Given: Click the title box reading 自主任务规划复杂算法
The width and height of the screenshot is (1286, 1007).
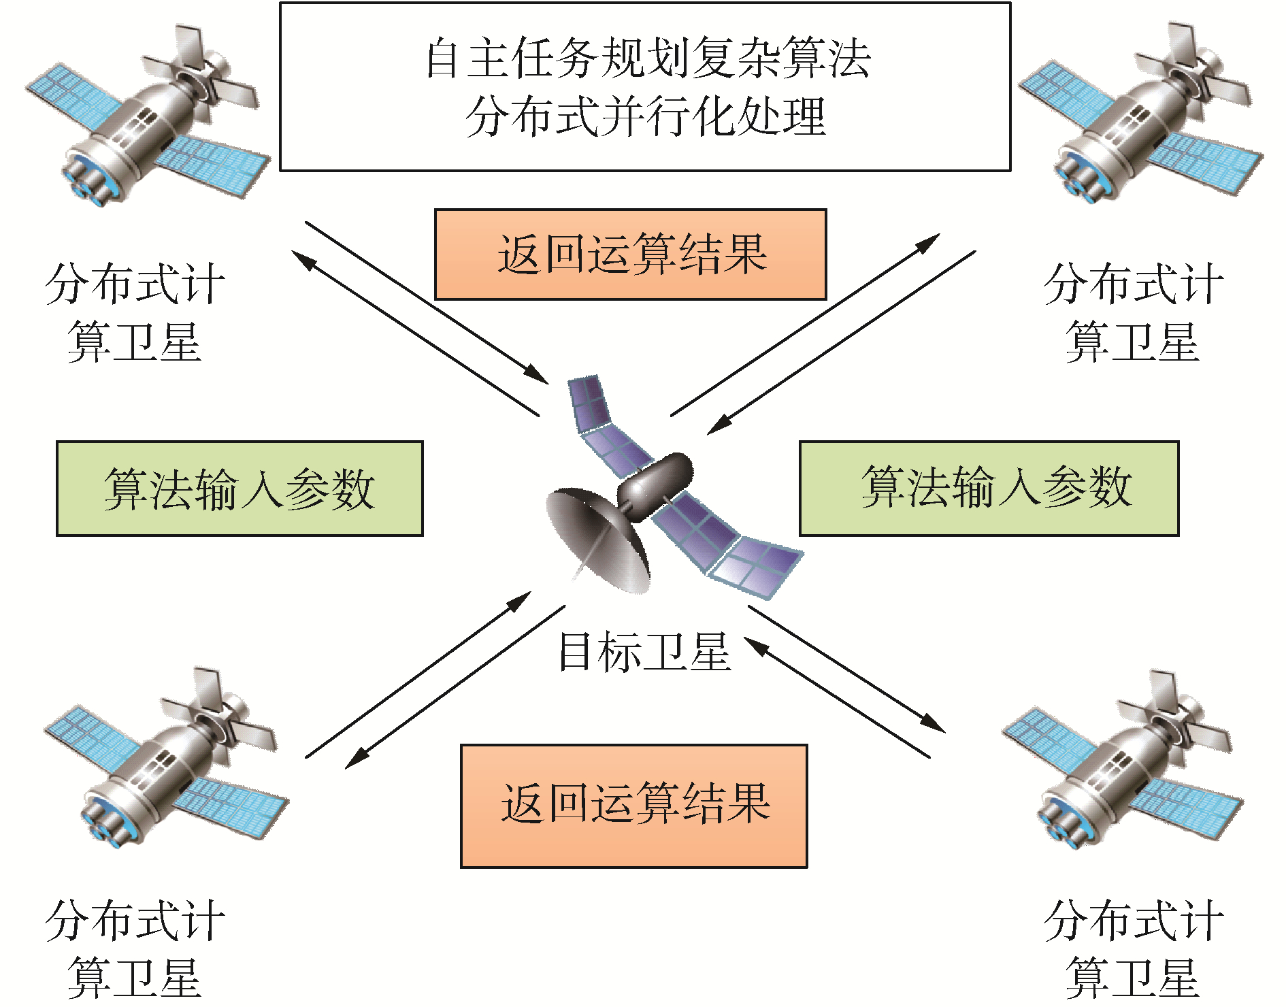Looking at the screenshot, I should click(x=645, y=87).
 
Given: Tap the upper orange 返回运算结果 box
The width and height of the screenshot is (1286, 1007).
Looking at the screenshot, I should click(x=630, y=254).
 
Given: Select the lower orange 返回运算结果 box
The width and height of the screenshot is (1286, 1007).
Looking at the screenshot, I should click(x=634, y=806).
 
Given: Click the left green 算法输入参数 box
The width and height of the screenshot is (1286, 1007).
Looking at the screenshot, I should click(x=240, y=489).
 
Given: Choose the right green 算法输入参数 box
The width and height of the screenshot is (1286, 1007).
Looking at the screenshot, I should click(x=989, y=489).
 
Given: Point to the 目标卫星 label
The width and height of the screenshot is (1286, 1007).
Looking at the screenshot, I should click(x=644, y=652).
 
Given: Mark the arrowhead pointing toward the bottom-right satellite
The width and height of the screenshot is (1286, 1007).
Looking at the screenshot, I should click(x=935, y=725).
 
